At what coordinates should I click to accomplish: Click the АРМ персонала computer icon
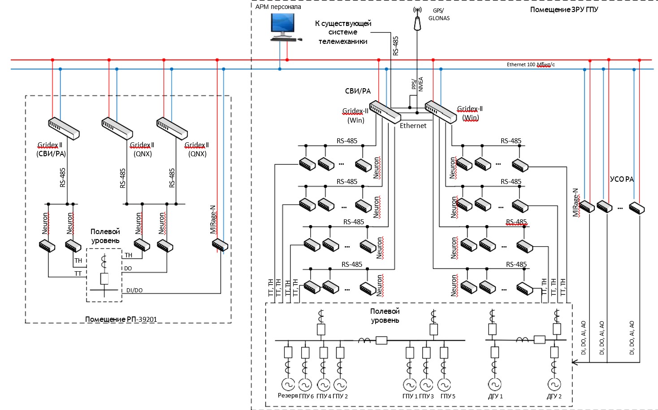[x=283, y=27]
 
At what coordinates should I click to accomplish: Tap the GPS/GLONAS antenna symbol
[x=417, y=20]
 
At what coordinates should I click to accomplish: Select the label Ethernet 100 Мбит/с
[x=531, y=64]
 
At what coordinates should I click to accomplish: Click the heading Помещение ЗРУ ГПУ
[x=564, y=9]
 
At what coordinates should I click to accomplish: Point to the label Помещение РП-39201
[x=121, y=319]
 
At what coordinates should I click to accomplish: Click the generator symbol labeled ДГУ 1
[x=494, y=384]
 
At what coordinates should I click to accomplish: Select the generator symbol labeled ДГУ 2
[x=554, y=384]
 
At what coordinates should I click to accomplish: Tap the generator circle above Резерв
[x=288, y=384]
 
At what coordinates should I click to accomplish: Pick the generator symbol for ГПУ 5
[x=444, y=384]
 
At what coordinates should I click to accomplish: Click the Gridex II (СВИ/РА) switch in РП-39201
[x=64, y=128]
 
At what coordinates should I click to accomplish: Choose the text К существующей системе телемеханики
[x=343, y=32]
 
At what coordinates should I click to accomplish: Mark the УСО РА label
[x=622, y=179]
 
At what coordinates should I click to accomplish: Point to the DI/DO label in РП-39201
[x=134, y=290]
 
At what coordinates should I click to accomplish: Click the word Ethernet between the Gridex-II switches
[x=413, y=126]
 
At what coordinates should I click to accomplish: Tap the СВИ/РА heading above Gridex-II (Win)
[x=358, y=91]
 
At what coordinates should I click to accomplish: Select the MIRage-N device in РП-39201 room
[x=220, y=245]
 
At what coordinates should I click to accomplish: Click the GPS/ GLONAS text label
[x=438, y=14]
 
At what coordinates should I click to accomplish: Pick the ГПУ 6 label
[x=306, y=396]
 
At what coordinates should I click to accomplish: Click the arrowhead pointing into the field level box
[x=576, y=362]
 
